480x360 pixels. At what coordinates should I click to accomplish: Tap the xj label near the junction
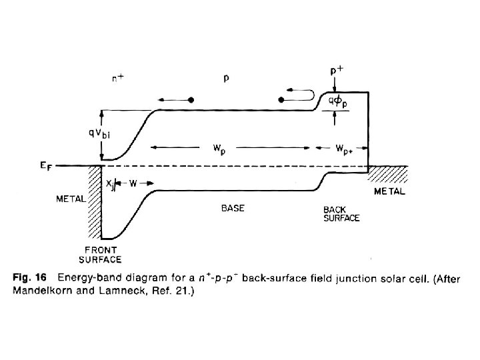pyautogui.click(x=109, y=182)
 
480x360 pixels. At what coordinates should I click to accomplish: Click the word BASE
pyautogui.click(x=233, y=208)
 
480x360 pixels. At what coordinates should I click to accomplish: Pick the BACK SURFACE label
pyautogui.click(x=340, y=213)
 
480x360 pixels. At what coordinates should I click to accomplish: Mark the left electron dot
pyautogui.click(x=191, y=99)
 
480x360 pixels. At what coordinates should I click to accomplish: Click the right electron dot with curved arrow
pyautogui.click(x=281, y=99)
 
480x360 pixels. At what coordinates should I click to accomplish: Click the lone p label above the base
pyautogui.click(x=227, y=78)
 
